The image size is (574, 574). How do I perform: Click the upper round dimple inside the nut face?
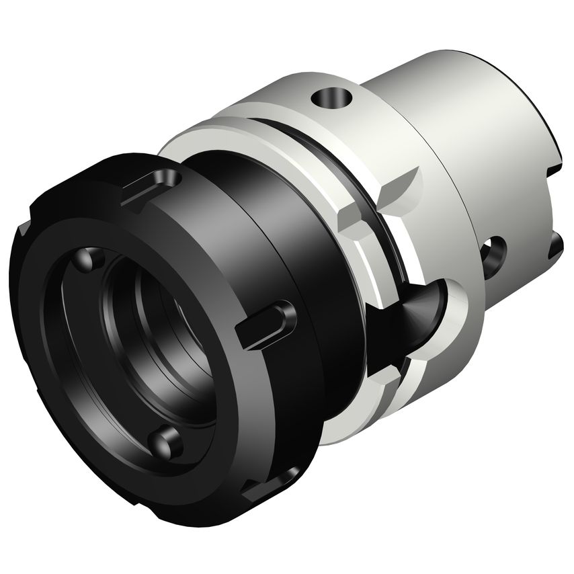(x=91, y=259)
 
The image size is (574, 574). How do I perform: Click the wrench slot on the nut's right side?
(x=268, y=325)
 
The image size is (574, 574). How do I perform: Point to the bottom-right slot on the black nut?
(x=272, y=485)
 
